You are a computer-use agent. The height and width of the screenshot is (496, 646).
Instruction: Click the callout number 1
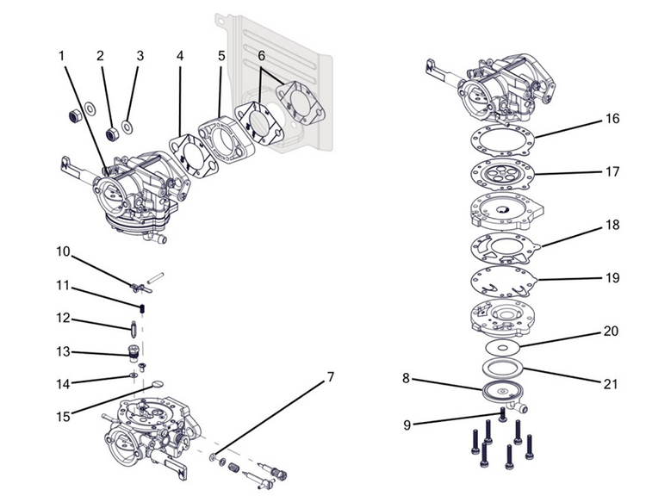[x=62, y=56]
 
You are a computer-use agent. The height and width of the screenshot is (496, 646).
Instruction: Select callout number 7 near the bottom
[x=330, y=377]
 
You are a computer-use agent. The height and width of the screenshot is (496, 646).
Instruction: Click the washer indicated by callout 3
[x=127, y=128]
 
